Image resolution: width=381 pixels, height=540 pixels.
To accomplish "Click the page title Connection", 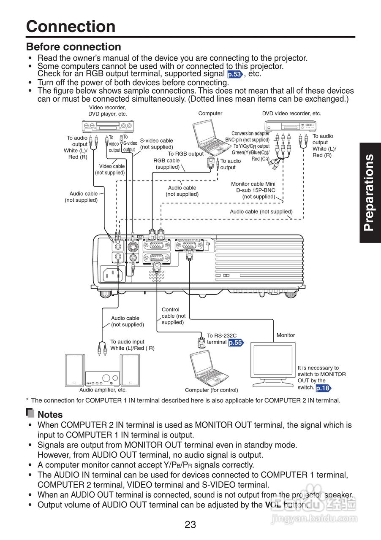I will coord(71,26).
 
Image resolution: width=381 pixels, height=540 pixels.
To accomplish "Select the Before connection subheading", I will coord(73,46).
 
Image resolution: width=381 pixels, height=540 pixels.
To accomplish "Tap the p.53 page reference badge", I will coord(235,74).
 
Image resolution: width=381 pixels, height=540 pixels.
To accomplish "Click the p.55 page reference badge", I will coord(236,343).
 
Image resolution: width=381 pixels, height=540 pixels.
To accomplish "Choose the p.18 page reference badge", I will coord(323,388).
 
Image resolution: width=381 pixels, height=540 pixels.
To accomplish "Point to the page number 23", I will coord(190,524).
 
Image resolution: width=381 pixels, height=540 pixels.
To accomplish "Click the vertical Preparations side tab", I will coord(370,192).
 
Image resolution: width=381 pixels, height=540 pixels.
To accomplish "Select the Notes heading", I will coord(50,414).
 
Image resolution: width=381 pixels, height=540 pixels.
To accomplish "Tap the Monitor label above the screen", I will coord(286,335).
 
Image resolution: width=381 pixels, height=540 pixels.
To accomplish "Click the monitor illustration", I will coord(273,363).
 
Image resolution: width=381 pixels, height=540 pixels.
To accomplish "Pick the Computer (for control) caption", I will coord(211,390).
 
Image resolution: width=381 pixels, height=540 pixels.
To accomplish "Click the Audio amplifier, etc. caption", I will coord(103,390).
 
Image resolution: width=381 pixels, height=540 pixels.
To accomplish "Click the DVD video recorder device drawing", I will coord(291,126).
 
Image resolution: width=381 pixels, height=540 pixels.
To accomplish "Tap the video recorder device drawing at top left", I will coord(107,126).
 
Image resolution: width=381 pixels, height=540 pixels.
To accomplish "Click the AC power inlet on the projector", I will coord(111,274).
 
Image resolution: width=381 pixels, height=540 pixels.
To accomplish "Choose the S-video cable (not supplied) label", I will coord(156,143).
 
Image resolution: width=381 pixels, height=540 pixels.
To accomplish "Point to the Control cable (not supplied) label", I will coord(173,316).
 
